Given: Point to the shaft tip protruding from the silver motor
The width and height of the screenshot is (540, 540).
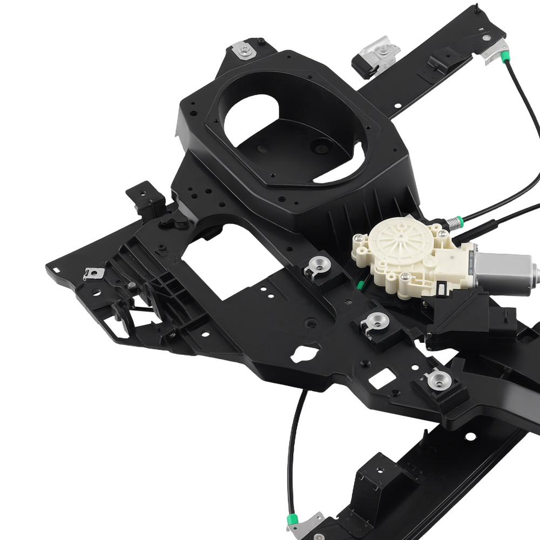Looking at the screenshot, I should coord(535,267).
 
